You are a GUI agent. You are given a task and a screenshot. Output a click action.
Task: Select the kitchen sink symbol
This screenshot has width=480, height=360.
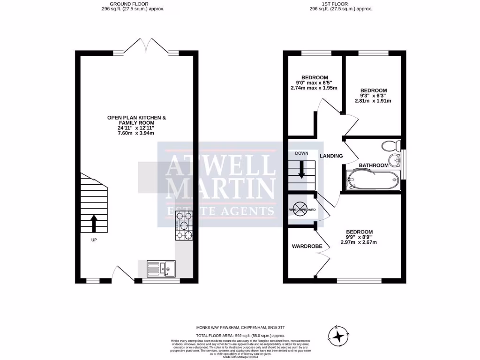[161, 269]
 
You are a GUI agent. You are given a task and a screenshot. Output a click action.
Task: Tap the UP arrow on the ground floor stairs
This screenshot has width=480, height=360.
[93, 224]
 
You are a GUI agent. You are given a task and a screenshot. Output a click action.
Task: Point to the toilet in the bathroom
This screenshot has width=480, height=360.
[390, 145]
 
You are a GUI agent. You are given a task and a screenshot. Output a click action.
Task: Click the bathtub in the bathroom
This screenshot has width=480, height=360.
[373, 180]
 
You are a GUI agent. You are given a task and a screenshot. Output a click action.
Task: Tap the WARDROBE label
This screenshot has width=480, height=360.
[306, 246]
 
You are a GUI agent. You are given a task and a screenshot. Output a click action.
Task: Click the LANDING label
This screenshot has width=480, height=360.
[331, 156]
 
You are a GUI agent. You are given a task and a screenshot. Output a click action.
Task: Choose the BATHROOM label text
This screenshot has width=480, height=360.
[374, 165]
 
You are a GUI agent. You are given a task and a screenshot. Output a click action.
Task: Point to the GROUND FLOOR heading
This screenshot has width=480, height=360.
[133, 4]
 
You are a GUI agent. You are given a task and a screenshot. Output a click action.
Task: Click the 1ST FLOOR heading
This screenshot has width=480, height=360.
[341, 4]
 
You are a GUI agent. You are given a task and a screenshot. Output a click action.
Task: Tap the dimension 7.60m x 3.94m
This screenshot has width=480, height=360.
[136, 133]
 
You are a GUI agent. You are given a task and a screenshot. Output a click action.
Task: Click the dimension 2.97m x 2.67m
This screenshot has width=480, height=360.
[359, 242]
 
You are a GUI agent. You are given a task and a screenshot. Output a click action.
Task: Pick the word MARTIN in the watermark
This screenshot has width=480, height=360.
[221, 189]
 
